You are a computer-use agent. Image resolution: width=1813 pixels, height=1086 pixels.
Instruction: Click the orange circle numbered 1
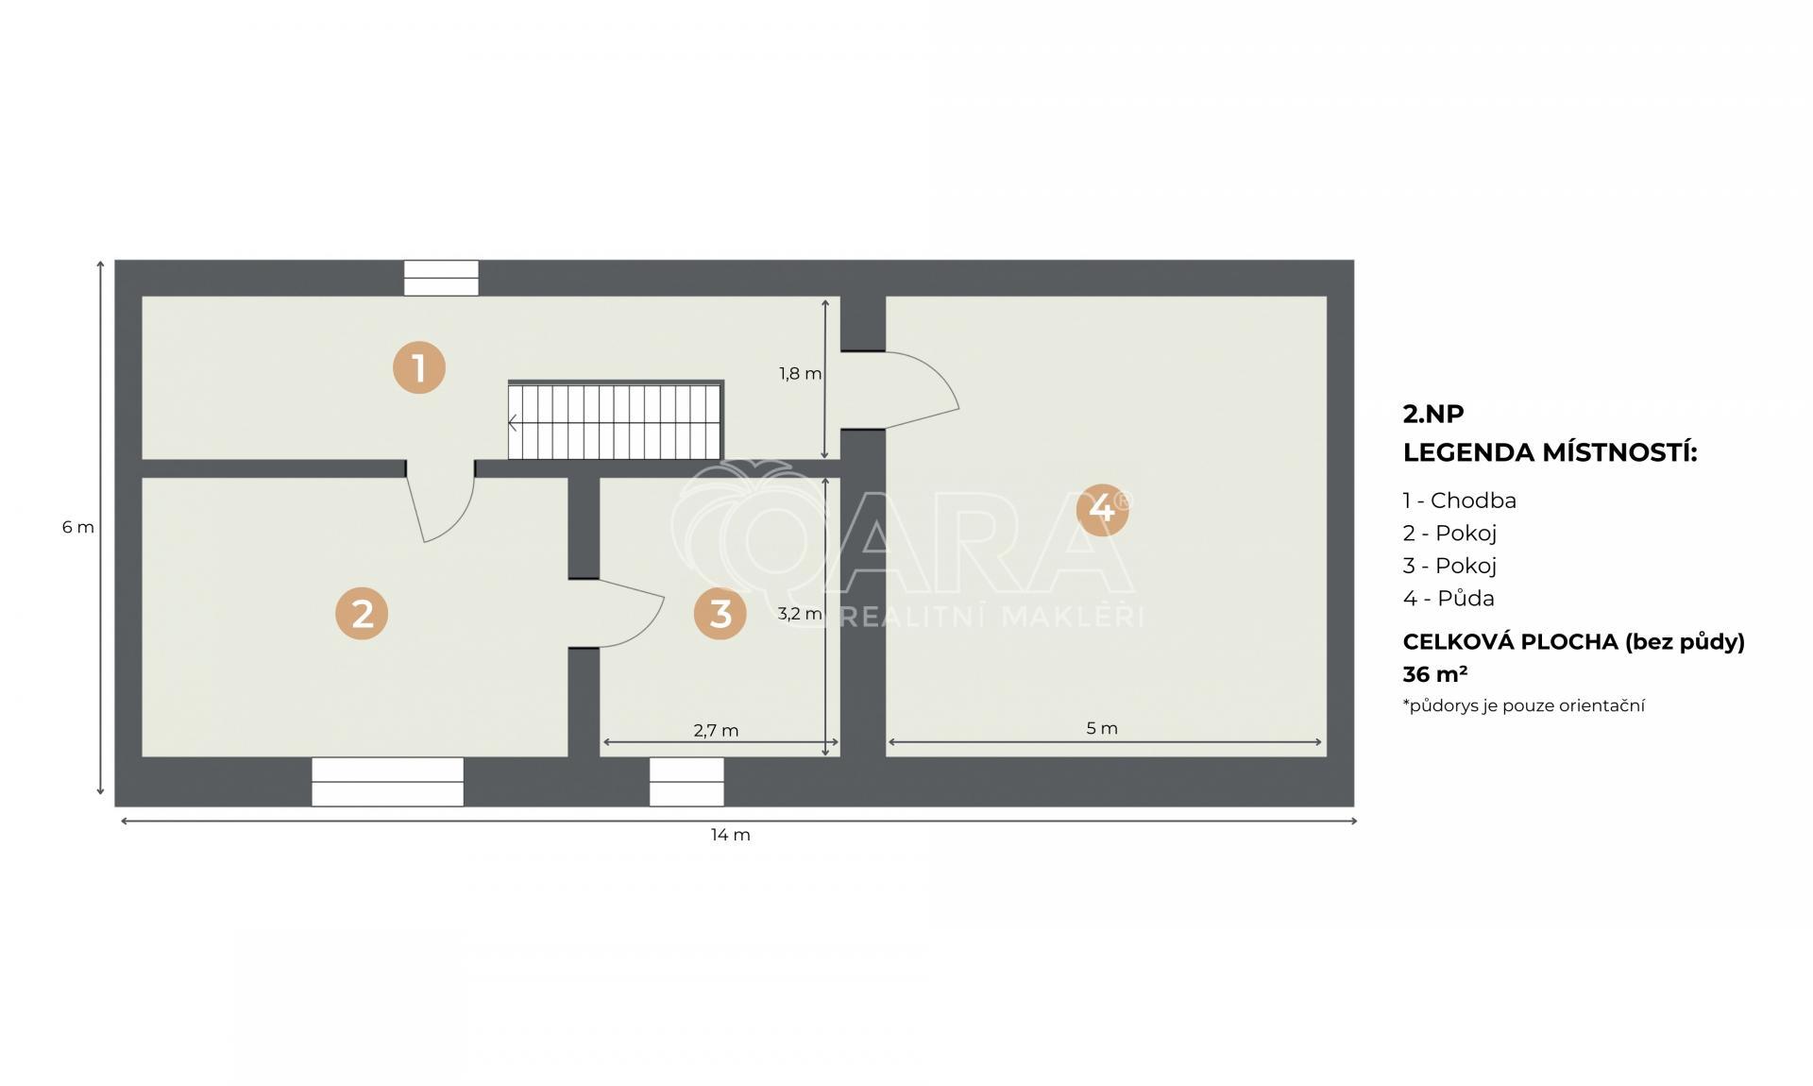pyautogui.click(x=419, y=367)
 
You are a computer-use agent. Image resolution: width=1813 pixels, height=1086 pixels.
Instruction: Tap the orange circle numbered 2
pyautogui.click(x=362, y=614)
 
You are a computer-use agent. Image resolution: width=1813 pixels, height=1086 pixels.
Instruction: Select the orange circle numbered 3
pyautogui.click(x=720, y=614)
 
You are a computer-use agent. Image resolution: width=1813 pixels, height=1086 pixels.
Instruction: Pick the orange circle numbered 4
pyautogui.click(x=1102, y=509)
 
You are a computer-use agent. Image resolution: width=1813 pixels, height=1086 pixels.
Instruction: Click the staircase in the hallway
pyautogui.click(x=616, y=420)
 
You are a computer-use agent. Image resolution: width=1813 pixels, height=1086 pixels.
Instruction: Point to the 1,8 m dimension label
pyautogui.click(x=800, y=374)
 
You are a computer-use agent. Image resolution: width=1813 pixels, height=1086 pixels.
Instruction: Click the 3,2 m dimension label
pyautogui.click(x=800, y=614)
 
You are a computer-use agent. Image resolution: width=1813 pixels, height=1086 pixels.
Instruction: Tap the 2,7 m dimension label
pyautogui.click(x=716, y=730)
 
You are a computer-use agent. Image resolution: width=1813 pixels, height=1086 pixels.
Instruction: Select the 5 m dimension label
pyautogui.click(x=1102, y=728)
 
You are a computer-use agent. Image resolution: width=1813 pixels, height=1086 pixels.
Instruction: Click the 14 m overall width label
pyautogui.click(x=731, y=835)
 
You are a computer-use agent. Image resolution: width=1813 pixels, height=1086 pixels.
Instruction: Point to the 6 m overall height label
pyautogui.click(x=78, y=527)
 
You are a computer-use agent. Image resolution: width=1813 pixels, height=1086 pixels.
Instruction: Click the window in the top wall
pyautogui.click(x=441, y=278)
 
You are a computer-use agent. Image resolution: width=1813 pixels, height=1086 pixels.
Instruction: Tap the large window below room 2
pyautogui.click(x=387, y=781)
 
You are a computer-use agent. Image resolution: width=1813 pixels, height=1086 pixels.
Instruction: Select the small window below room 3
pyautogui.click(x=686, y=781)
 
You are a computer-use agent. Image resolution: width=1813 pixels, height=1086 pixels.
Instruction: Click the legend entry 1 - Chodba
pyautogui.click(x=1459, y=501)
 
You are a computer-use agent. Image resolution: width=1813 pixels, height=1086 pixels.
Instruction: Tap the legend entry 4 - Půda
pyautogui.click(x=1449, y=598)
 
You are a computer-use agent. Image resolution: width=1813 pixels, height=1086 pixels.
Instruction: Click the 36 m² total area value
pyautogui.click(x=1434, y=674)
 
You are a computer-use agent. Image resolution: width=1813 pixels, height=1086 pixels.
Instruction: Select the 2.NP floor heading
pyautogui.click(x=1432, y=414)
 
